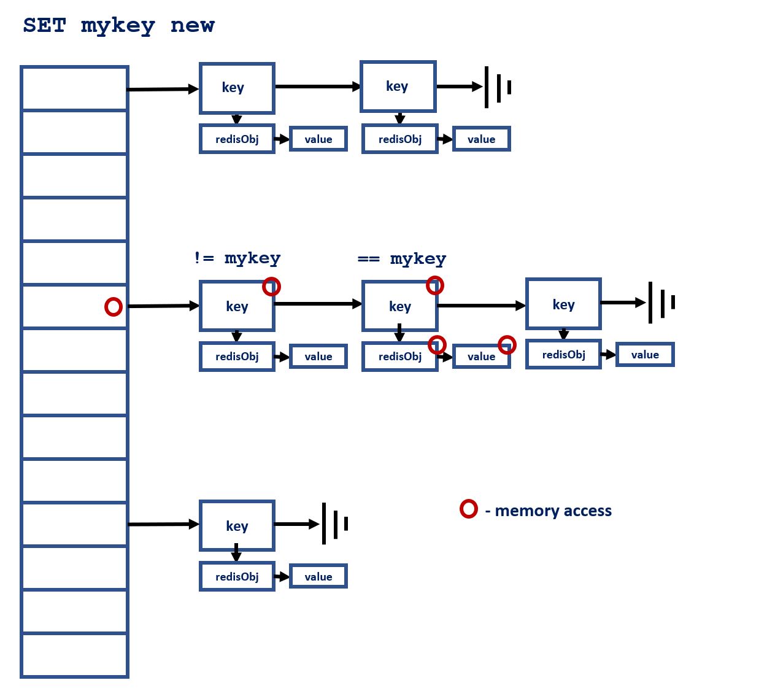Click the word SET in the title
pyautogui.click(x=44, y=25)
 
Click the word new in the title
pyautogui.click(x=193, y=25)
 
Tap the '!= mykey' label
pyautogui.click(x=237, y=258)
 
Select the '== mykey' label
pyautogui.click(x=402, y=259)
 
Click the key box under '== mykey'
pyautogui.click(x=399, y=306)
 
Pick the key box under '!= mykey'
pyautogui.click(x=237, y=306)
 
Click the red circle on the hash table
pyautogui.click(x=114, y=306)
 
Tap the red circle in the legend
pyautogui.click(x=469, y=509)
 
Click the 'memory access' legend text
pyautogui.click(x=553, y=511)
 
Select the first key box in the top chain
pyautogui.click(x=237, y=88)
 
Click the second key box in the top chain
pyautogui.click(x=398, y=87)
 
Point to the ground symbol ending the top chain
pyautogui.click(x=498, y=87)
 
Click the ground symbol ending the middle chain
pyautogui.click(x=661, y=303)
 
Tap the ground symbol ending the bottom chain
pyautogui.click(x=334, y=523)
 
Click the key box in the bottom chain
pyautogui.click(x=237, y=525)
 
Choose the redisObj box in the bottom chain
pyautogui.click(x=237, y=577)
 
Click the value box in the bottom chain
pyautogui.click(x=318, y=577)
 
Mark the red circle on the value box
pyautogui.click(x=507, y=345)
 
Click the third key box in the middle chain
pyautogui.click(x=563, y=304)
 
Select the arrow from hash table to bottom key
pyautogui.click(x=163, y=524)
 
